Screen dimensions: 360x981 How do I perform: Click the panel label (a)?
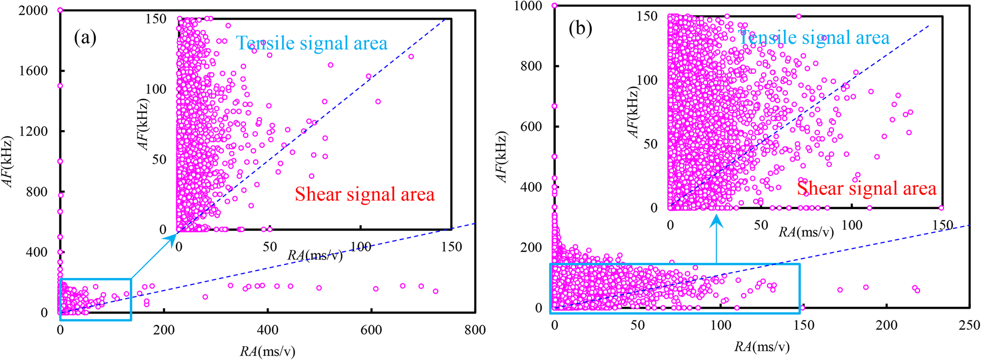[85, 38]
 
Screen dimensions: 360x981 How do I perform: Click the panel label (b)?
[580, 29]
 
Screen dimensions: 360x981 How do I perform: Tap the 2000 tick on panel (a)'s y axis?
[33, 10]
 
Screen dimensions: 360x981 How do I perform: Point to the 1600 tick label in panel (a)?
[33, 71]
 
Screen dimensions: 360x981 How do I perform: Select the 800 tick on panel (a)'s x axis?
[475, 330]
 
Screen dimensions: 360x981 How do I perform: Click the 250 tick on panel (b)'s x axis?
[969, 325]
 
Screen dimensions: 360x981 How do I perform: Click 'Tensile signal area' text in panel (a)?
[312, 43]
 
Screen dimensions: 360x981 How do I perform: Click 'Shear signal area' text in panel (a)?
[365, 194]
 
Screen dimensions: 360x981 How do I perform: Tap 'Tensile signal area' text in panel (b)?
[814, 38]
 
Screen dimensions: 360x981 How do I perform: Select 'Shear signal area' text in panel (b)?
[867, 188]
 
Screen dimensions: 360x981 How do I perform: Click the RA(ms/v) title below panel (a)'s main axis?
[267, 351]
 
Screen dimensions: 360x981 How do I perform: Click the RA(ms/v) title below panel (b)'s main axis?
[762, 346]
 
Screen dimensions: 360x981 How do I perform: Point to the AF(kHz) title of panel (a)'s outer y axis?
[8, 161]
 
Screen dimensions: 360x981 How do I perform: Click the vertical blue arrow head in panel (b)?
[716, 221]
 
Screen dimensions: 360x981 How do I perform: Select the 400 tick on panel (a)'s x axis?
[267, 330]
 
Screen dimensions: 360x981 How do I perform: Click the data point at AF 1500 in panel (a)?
[60, 86]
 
